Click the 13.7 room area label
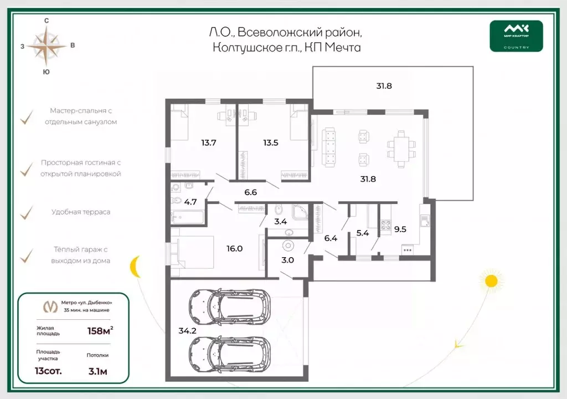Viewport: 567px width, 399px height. pos(209,142)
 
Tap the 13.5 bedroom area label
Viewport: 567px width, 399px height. pos(270,142)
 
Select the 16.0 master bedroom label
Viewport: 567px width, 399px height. pos(234,249)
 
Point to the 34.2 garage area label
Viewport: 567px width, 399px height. pos(187,331)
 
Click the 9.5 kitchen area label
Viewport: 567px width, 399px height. pos(400,229)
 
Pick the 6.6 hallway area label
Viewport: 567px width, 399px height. pos(251,192)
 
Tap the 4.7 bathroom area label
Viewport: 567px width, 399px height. pos(190,202)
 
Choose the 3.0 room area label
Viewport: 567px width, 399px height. pos(287,260)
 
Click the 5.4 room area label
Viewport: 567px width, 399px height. pos(363,233)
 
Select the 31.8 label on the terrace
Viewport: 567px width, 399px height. pos(384,86)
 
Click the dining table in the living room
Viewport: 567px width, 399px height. pos(401,149)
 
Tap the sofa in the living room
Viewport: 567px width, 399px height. pos(329,147)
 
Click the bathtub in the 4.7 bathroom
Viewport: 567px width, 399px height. pos(187,217)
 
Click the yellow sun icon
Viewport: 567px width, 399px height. pos(491,280)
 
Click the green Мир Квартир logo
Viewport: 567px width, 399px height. pos(516,36)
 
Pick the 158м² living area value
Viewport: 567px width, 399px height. pos(100,331)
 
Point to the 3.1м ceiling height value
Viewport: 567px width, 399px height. pos(97,371)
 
